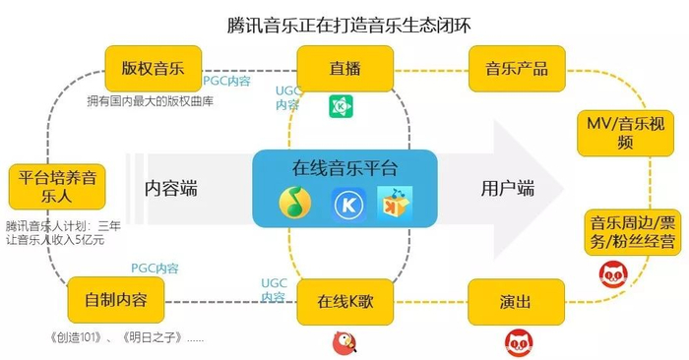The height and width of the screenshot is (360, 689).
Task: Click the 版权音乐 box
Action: (153, 69)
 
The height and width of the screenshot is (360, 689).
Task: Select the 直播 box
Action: (344, 69)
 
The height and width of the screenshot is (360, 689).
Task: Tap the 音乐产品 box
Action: (516, 69)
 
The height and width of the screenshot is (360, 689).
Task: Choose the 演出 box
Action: (516, 301)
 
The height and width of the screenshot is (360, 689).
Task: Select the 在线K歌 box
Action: (344, 301)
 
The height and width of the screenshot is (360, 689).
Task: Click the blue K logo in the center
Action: (345, 205)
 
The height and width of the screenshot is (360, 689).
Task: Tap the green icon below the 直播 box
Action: (342, 107)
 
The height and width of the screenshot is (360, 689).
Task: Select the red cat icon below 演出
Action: (519, 341)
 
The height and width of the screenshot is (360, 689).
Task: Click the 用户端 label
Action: (506, 188)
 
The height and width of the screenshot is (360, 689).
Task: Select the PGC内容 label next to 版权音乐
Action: (227, 81)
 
